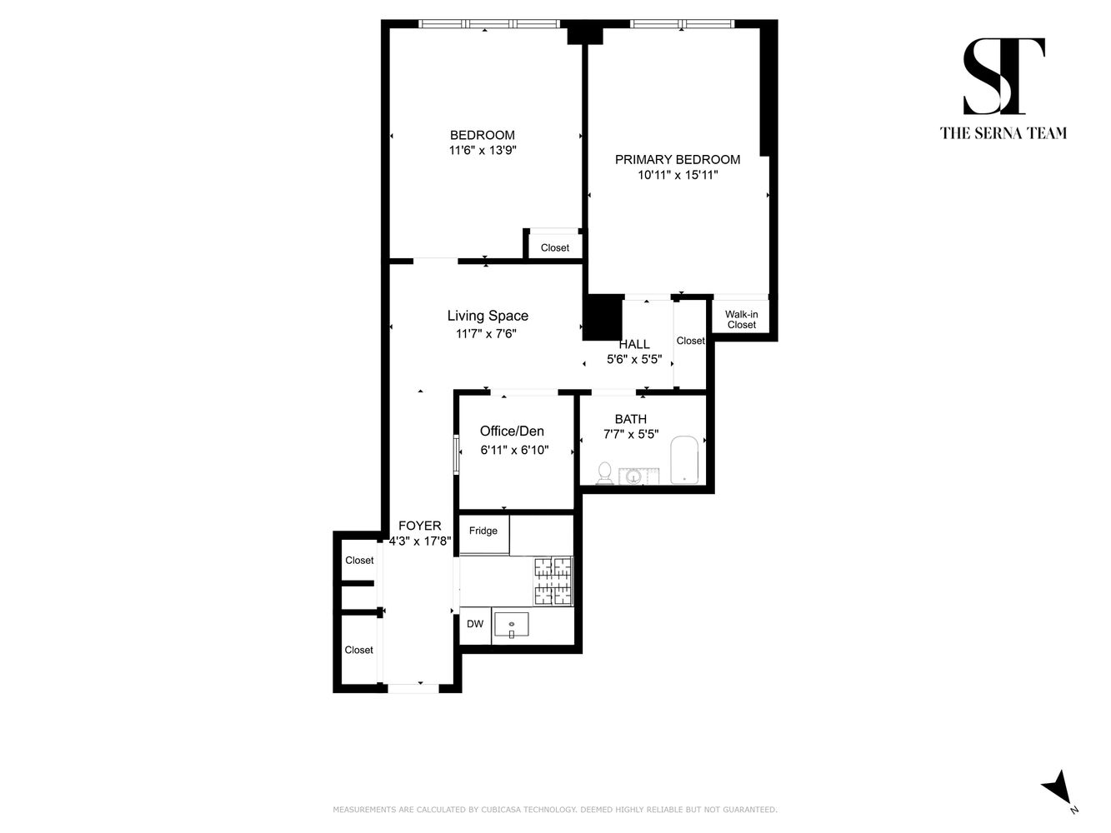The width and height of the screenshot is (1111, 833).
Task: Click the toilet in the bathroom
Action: coord(605,472)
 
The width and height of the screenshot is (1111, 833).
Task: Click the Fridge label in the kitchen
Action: coord(483,531)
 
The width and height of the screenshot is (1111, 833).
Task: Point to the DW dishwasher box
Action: coord(475,625)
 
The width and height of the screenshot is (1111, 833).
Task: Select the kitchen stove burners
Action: coord(553,581)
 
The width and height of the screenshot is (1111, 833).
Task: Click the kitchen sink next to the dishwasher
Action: coord(511,625)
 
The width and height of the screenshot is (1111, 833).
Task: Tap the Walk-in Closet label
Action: coord(741,320)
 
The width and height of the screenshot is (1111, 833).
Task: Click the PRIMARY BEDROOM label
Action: coord(677,160)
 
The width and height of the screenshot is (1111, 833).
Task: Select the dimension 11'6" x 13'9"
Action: coord(483,151)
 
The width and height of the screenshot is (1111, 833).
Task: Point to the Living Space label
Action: coord(488,316)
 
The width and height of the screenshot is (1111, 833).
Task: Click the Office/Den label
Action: coord(512,431)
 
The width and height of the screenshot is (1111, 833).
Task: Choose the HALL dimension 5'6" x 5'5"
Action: coord(633,360)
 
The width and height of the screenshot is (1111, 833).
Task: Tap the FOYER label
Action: coord(420,526)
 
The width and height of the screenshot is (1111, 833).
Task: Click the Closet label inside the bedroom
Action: coord(555,248)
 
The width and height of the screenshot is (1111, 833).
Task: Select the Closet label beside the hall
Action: coord(690,341)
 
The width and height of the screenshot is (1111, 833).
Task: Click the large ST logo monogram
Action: coord(1003,77)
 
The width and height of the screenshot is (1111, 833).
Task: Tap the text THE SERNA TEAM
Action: coord(1003,133)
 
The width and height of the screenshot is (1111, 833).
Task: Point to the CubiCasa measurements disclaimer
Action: coord(555,810)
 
